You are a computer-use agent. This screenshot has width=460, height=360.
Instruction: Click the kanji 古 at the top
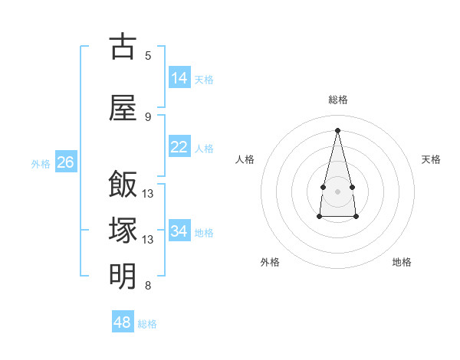123,46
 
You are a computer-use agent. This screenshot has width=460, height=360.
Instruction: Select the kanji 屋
123,108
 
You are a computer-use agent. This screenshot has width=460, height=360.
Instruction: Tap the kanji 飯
123,184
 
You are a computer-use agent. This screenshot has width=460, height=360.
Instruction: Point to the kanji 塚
123,230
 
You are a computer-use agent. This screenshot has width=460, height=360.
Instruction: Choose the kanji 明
123,276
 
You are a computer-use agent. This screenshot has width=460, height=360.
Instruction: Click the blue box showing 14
180,77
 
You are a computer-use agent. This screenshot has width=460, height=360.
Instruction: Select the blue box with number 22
180,146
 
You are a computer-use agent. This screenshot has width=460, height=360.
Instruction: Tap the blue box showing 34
180,230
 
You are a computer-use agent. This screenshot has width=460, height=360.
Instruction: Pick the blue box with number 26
66,162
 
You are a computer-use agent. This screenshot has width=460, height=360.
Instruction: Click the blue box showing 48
123,321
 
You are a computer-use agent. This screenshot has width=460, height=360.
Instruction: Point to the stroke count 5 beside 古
148,56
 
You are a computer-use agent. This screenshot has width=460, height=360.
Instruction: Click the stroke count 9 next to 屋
148,117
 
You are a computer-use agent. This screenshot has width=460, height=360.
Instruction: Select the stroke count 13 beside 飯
147,194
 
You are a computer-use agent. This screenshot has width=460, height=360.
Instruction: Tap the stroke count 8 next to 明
148,285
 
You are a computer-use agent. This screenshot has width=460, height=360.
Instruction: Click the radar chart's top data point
337,130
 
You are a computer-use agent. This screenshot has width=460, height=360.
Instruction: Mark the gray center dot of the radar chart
337,191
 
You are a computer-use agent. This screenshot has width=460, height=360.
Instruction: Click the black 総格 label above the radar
338,100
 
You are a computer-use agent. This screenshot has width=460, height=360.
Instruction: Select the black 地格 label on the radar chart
402,262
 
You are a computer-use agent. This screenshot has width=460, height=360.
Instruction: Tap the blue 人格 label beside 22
204,149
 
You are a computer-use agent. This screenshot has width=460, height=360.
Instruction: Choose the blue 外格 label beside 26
41,164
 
